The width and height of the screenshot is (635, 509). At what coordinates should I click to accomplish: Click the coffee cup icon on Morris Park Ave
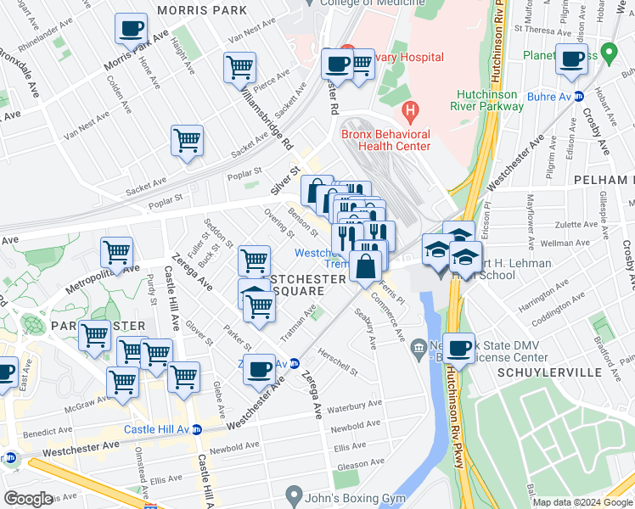132,30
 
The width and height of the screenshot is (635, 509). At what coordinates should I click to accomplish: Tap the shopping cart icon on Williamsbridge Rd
240,67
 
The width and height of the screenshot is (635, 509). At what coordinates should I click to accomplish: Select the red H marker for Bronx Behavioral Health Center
411,109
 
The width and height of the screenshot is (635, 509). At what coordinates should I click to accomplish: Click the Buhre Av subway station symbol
580,97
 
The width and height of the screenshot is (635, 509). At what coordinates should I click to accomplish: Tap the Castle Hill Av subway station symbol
197,430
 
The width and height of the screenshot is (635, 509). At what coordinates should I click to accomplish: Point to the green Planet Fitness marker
607,52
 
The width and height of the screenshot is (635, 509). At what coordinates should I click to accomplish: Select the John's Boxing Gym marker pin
294,493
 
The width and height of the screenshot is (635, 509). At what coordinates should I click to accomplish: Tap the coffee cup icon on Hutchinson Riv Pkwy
459,348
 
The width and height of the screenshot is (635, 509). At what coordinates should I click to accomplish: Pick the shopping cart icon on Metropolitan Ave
115,252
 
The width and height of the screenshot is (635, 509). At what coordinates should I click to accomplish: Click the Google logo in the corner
29,499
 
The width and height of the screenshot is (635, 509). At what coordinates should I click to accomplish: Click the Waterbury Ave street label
357,405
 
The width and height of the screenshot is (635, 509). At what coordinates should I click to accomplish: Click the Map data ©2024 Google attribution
581,502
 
